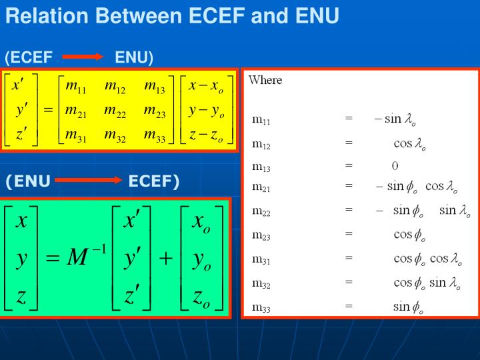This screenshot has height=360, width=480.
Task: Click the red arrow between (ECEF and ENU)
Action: (83, 58)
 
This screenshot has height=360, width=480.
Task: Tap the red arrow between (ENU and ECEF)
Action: (88, 181)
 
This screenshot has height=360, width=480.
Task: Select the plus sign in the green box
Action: (165, 258)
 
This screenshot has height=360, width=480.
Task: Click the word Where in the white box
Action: (265, 80)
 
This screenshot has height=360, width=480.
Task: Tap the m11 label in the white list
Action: (261, 120)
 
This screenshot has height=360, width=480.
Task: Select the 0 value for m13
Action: (395, 165)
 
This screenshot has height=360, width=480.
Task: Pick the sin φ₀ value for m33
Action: (408, 307)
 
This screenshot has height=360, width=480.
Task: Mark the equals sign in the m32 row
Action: (349, 282)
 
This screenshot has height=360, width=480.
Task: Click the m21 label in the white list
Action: (261, 187)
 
